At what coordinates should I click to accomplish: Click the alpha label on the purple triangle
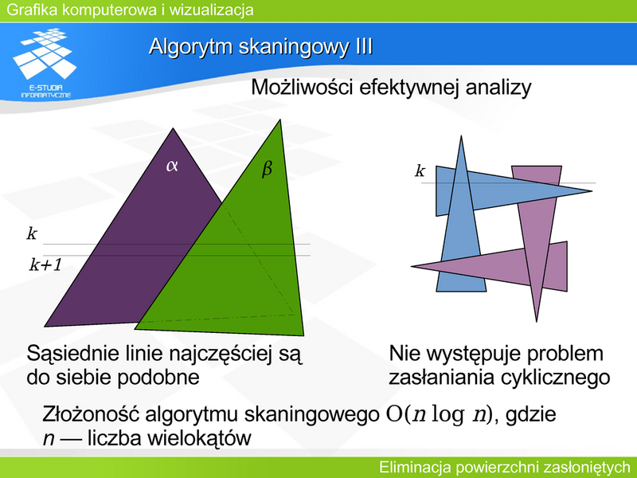[172, 166]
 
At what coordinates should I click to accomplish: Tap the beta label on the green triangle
[267, 168]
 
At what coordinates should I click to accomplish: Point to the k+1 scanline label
[45, 264]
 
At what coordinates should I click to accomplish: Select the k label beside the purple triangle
[32, 233]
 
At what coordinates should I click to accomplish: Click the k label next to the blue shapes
[420, 170]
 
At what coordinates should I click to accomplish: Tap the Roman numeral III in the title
[364, 46]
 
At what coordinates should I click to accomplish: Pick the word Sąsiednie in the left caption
[68, 355]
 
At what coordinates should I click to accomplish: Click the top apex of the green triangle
[280, 120]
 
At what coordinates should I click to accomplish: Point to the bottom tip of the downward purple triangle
[537, 321]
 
